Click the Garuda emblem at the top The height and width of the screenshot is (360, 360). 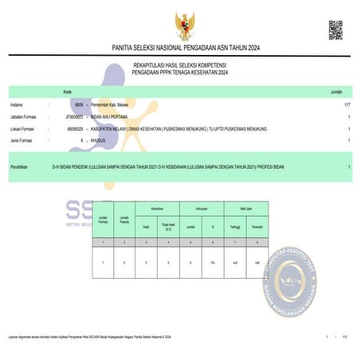click(x=184, y=26)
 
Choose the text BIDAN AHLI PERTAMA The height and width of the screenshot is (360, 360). click(x=112, y=116)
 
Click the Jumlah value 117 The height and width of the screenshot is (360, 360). click(x=346, y=104)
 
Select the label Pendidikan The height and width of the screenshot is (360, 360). click(x=19, y=166)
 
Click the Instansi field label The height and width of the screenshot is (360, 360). click(x=17, y=104)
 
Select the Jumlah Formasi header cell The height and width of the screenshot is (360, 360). click(x=102, y=219)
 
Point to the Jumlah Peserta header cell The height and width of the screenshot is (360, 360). click(x=124, y=219)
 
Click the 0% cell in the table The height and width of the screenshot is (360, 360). click(x=213, y=262)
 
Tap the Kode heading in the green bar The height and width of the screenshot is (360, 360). click(x=68, y=92)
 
